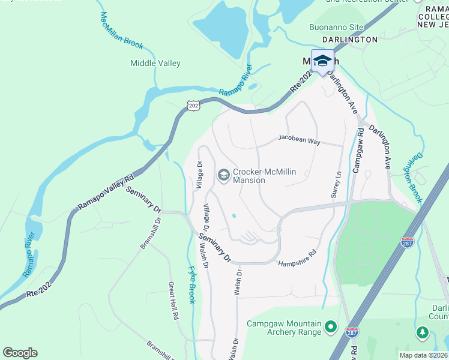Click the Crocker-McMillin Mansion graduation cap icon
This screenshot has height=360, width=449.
pyautogui.click(x=223, y=175)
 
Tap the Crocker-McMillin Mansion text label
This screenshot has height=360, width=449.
pyautogui.click(x=265, y=176)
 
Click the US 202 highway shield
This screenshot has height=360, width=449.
pyautogui.click(x=193, y=106)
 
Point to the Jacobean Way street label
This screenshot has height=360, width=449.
pyautogui.click(x=299, y=139)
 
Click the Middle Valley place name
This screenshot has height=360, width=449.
pyautogui.click(x=155, y=63)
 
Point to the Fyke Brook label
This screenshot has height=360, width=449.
pyautogui.click(x=192, y=284)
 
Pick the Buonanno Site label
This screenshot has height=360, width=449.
pyautogui.click(x=336, y=27)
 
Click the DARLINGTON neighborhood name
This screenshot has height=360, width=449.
pyautogui.click(x=350, y=40)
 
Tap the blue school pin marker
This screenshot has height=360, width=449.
pyautogui.click(x=322, y=61)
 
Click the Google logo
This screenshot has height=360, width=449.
pyautogui.click(x=20, y=353)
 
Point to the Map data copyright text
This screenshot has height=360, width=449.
pyautogui.click(x=424, y=355)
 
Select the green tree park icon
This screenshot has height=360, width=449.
pyautogui.click(x=422, y=332)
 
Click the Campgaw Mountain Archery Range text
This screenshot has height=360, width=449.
pyautogui.click(x=284, y=328)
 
